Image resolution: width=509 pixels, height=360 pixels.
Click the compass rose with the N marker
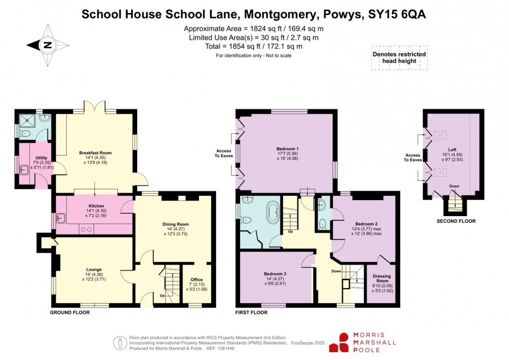47,45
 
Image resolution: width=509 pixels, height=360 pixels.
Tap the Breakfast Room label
95,153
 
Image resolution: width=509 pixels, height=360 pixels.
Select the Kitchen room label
96,206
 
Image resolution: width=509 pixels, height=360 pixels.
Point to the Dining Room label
176,224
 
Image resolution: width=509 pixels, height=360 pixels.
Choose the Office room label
197,280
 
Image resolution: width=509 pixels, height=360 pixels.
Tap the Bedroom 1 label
287,149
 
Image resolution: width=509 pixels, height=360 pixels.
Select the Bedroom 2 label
366,224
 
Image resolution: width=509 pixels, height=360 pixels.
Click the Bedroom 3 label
275,274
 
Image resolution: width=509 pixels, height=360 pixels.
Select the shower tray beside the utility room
24,119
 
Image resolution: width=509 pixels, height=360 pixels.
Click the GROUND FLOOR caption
70,313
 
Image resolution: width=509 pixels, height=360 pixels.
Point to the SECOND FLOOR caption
456,221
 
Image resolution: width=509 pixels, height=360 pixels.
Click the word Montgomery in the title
273,14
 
